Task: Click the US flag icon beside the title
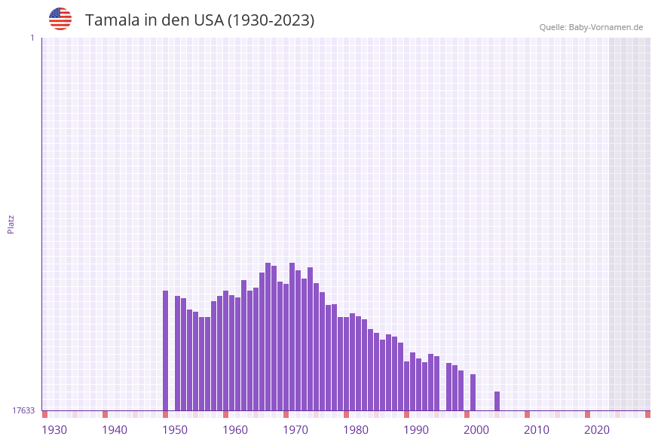60,19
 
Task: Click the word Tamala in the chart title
109,20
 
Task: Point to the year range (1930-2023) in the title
271,20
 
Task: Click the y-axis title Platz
11,224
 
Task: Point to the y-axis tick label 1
32,38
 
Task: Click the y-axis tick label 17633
23,410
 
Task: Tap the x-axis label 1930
54,430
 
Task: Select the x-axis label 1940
115,430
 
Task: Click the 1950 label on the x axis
175,430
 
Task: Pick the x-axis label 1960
235,430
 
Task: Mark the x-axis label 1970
295,430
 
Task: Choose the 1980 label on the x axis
356,430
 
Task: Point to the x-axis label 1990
416,430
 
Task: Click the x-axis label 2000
476,430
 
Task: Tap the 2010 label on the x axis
537,430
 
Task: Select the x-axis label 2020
597,430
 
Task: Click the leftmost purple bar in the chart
166,350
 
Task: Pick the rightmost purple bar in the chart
497,401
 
